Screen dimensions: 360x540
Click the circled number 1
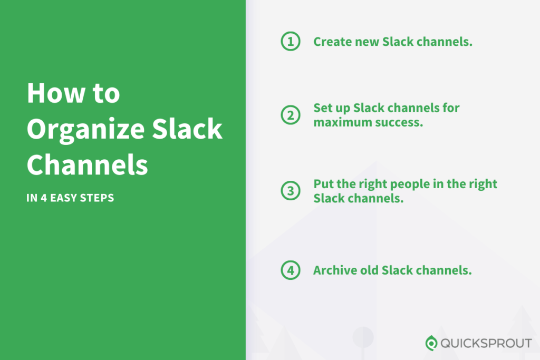[290, 42]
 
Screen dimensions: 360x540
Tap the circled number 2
[290, 115]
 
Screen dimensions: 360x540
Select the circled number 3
[290, 191]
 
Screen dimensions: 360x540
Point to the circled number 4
[290, 270]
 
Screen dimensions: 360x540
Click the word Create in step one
[331, 42]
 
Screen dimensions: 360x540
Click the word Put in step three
[323, 184]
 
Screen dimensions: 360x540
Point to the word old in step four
[367, 270]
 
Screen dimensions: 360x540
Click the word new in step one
[362, 42]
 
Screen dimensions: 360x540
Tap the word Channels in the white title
[87, 164]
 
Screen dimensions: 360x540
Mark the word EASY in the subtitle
[65, 199]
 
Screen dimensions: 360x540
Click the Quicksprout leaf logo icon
[431, 343]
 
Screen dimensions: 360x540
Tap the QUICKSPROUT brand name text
[486, 344]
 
